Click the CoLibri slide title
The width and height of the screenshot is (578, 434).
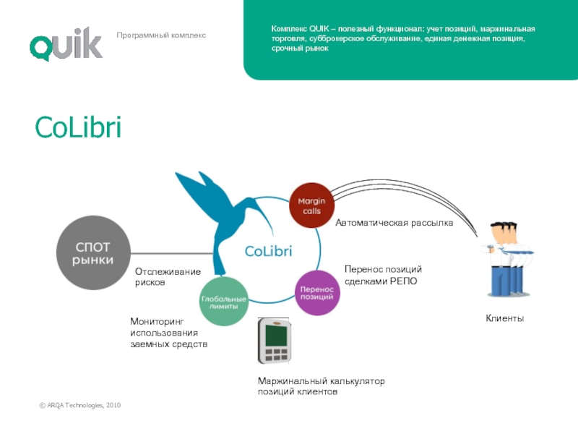(78, 129)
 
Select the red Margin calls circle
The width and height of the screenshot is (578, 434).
(312, 205)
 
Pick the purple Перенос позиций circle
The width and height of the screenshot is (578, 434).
(317, 292)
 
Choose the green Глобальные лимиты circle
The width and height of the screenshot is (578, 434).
(223, 300)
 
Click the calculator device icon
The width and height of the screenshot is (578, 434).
(275, 340)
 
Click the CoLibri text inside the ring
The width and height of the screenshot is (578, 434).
(268, 251)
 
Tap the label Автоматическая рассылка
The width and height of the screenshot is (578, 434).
(394, 224)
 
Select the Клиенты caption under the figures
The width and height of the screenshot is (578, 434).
(504, 319)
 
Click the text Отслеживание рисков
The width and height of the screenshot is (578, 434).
(168, 277)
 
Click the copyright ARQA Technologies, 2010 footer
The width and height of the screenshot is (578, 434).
(80, 405)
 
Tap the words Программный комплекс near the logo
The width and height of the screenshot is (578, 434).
(161, 35)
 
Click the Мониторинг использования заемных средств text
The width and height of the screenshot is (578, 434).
(168, 332)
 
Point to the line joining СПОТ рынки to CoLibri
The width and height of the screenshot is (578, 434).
(173, 253)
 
